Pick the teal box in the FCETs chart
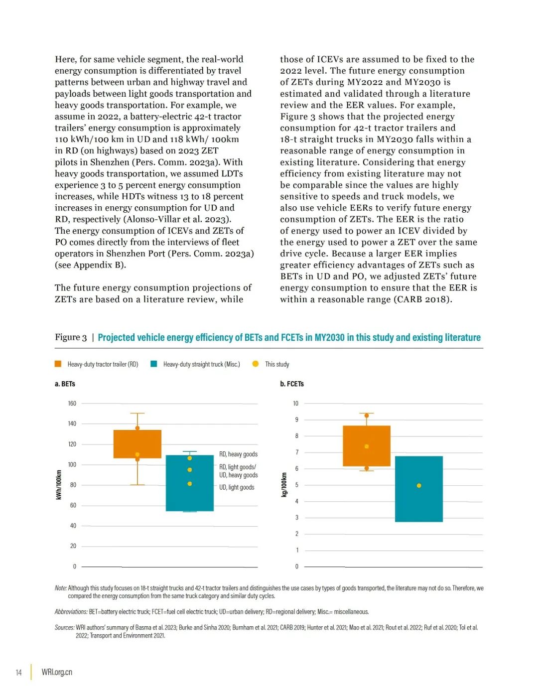tap(418, 503)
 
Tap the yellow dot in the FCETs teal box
tap(419, 485)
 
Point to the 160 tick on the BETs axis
tap(72, 403)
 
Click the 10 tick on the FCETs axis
tap(295, 403)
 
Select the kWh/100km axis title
tap(59, 485)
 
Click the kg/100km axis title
tap(284, 485)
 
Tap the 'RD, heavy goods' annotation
tap(238, 454)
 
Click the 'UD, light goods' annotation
tap(237, 487)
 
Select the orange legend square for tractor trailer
tap(58, 364)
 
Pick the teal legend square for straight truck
tap(154, 364)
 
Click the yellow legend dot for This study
tap(256, 364)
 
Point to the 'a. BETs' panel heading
tap(65, 384)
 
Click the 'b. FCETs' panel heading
tap(292, 384)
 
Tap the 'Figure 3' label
tap(71, 337)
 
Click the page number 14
tap(18, 672)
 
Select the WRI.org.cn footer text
tap(57, 672)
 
